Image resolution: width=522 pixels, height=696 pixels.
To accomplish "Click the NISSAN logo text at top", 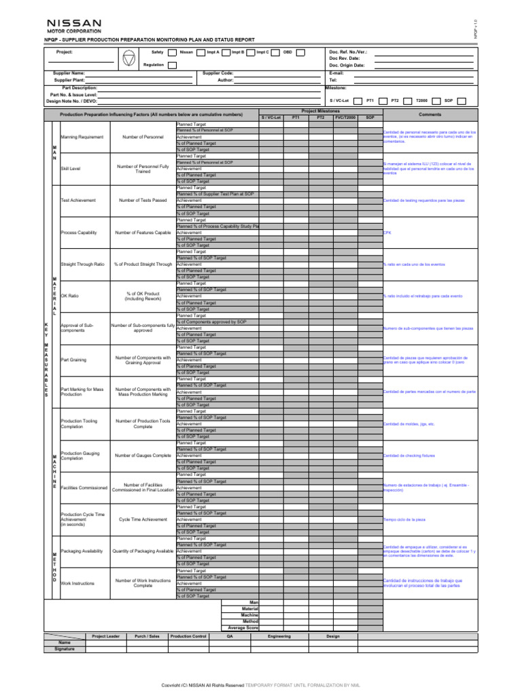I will [74, 24].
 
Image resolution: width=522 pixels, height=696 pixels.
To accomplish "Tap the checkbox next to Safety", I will [172, 52].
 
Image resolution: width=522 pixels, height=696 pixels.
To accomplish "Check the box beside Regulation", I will [172, 65].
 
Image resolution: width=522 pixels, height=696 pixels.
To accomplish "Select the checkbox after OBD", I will [300, 52].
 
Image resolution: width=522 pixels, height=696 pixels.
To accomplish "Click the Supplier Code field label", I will [218, 73].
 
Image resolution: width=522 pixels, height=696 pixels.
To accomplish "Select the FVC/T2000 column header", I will [345, 118].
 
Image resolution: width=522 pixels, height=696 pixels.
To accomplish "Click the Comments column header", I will [430, 115].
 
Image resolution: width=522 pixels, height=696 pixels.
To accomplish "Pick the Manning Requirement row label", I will [82, 137].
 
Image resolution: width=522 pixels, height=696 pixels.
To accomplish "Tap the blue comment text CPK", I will [387, 232].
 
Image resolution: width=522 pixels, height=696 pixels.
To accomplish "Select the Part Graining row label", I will [73, 360].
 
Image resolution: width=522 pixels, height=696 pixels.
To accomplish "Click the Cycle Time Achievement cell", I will [143, 519].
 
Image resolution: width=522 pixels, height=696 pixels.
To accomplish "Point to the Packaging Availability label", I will [82, 551].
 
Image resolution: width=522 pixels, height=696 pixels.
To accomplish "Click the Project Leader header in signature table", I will [105, 636].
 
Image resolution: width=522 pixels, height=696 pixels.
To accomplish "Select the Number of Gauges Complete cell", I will [143, 455].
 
